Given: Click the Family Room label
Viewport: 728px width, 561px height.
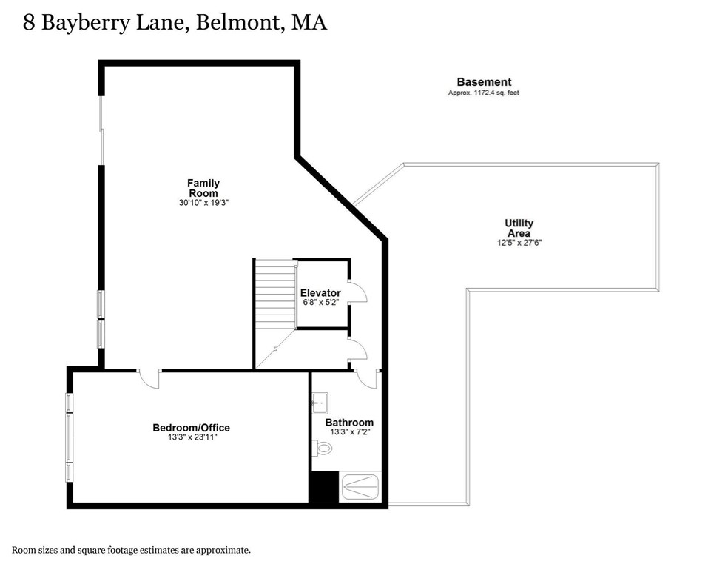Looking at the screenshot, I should point(203,188).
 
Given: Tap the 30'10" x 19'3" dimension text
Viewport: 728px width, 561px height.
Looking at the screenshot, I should point(203,202).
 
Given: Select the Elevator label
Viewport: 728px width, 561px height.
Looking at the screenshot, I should point(320,293).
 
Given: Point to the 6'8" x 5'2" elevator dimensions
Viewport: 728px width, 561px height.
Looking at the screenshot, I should point(320,302).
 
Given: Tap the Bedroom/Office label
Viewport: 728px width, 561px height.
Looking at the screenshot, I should point(191,428).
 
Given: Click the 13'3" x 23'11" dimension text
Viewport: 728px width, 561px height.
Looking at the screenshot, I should point(191,437).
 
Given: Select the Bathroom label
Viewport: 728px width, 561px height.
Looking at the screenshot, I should point(349,423).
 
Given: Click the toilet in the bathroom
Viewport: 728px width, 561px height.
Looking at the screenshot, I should point(323,448).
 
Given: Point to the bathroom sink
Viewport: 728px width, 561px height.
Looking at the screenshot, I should point(320,404).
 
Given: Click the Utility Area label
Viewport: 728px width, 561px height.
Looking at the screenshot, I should point(519,228).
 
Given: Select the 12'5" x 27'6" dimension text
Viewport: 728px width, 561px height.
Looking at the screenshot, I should point(519,243).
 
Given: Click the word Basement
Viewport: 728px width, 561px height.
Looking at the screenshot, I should point(484,82).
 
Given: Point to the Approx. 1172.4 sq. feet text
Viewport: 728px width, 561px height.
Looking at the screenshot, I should point(484,93).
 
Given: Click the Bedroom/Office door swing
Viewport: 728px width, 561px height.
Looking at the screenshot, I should point(149,379).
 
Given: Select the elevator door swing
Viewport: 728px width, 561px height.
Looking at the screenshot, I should point(357,293).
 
